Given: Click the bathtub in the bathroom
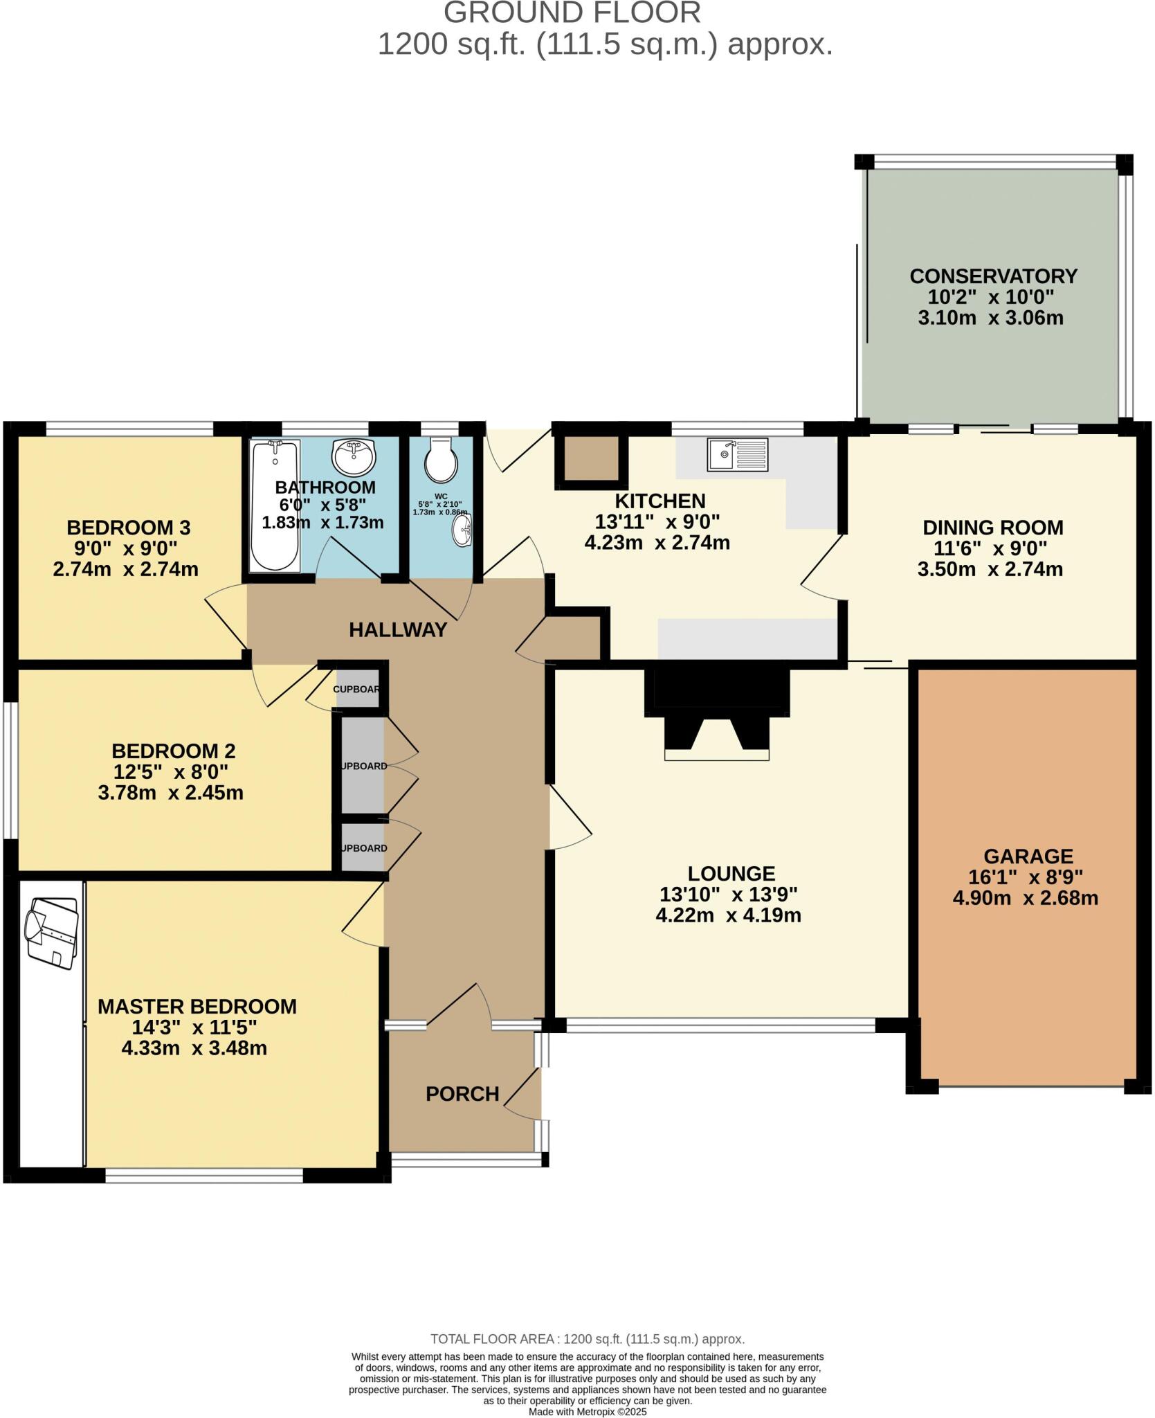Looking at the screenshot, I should pyautogui.click(x=275, y=505).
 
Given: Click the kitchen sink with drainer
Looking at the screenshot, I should pyautogui.click(x=737, y=454).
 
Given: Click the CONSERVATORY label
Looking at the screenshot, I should pyautogui.click(x=993, y=276).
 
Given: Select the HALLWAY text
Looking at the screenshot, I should pyautogui.click(x=398, y=630).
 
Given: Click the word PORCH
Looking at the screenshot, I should pyautogui.click(x=462, y=1094).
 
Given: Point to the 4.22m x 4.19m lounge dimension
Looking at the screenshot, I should pyautogui.click(x=728, y=915).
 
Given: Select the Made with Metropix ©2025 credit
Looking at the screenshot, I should pyautogui.click(x=587, y=1411).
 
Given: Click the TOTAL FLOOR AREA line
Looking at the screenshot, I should pyautogui.click(x=587, y=1339).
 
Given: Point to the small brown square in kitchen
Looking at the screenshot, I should pyautogui.click(x=590, y=458).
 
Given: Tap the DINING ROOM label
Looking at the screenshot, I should pyautogui.click(x=992, y=528).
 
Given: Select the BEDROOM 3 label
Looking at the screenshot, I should pyautogui.click(x=128, y=528).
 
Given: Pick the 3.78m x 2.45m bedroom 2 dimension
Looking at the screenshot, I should pyautogui.click(x=170, y=793).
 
